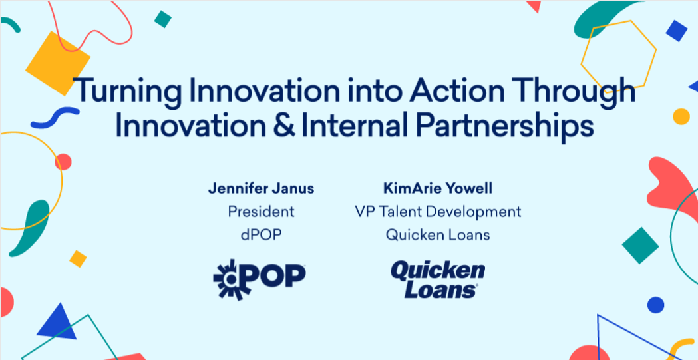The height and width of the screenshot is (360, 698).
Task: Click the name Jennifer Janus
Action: coord(261,189)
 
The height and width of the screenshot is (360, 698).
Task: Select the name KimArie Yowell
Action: coord(438,189)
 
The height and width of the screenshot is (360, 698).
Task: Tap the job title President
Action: coord(261,212)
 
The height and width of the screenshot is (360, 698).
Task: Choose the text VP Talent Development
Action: coord(438,212)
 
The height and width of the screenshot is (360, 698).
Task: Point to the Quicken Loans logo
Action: coord(438,279)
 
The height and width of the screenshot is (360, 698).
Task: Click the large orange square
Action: coord(58,63)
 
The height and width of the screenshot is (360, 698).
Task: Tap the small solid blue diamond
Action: coord(676,31)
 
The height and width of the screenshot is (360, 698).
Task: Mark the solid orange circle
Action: coord(681,116)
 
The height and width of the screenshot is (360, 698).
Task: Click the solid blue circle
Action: coord(655,305)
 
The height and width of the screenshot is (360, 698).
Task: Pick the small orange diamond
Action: coord(78,259)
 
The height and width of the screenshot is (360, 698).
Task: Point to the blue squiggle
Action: coord(55,118)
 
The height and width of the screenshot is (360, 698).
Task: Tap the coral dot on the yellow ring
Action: coord(63,162)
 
